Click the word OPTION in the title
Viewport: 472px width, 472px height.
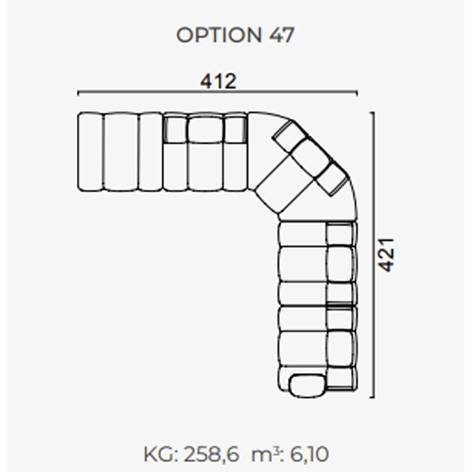click(218, 35)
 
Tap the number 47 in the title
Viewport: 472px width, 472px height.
click(281, 35)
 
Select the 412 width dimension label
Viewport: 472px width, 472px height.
click(218, 81)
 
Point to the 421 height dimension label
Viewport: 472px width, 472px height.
click(386, 255)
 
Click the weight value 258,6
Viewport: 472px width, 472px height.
click(211, 454)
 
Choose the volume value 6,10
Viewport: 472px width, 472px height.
click(309, 454)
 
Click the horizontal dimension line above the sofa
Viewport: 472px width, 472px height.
click(218, 91)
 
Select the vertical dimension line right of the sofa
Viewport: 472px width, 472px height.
click(373, 255)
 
